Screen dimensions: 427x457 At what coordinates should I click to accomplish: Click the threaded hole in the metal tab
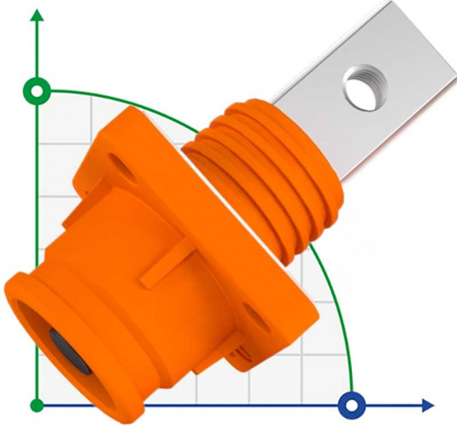coord(360,86)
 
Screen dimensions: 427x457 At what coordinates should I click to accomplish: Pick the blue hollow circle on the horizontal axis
coord(350,404)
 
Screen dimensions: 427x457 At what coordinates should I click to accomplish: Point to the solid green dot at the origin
coord(36,404)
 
